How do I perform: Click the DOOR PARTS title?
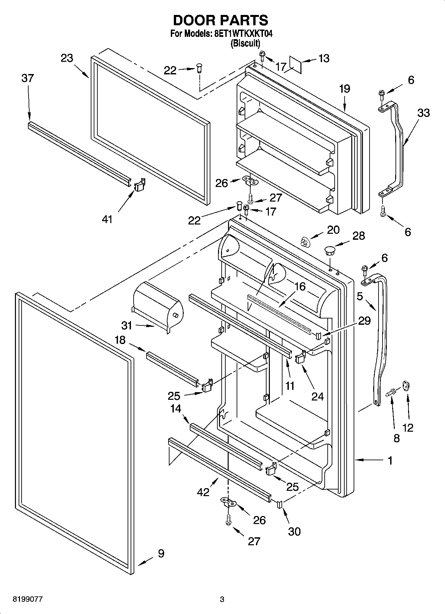[220, 21]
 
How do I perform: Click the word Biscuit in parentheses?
[245, 43]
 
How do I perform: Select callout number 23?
[67, 58]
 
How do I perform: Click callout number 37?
[28, 78]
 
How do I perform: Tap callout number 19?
[345, 89]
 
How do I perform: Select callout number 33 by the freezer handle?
[423, 113]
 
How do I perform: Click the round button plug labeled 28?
[329, 250]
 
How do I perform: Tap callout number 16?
[300, 286]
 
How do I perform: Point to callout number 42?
[203, 492]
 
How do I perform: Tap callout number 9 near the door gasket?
[161, 553]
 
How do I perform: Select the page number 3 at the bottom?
[222, 599]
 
